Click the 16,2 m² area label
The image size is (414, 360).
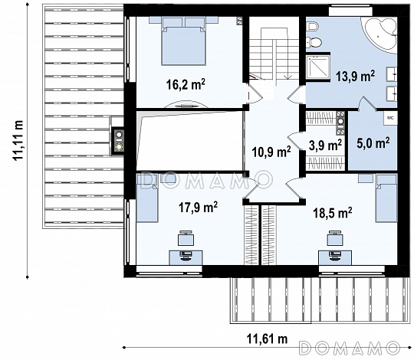tap(186, 84)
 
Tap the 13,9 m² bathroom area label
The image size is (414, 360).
tap(355, 77)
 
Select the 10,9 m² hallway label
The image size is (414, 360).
tap(271, 152)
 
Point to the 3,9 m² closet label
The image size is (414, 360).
tap(325, 145)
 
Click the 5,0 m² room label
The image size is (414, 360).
tap(373, 143)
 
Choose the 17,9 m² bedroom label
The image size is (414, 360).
tap(198, 207)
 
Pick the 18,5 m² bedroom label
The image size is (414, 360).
tap(333, 213)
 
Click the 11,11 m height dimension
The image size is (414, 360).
tap(18, 140)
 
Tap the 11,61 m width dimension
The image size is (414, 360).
tap(268, 339)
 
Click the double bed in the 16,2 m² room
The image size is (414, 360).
tap(183, 41)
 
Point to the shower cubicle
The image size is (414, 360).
tap(318, 67)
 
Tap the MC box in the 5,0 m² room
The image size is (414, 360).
tap(390, 118)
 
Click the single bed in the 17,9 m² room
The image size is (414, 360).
tap(147, 198)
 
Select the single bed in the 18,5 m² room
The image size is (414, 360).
tap(386, 198)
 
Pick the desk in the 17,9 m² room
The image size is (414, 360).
tap(186, 257)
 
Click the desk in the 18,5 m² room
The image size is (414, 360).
tap(335, 257)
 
